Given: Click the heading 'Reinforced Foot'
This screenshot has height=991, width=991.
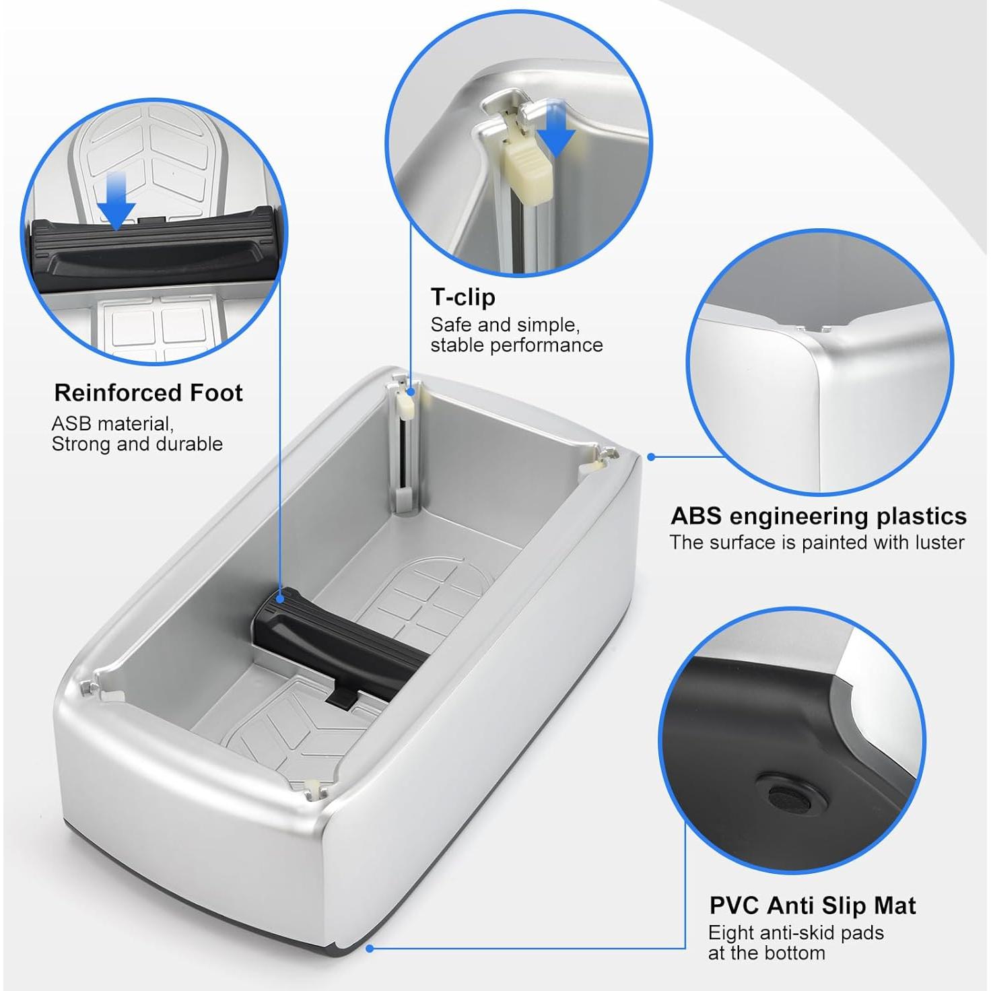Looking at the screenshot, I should tap(148, 392).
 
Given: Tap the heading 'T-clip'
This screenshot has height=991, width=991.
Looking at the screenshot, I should tap(463, 297).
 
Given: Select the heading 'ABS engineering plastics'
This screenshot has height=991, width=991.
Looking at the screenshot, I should tap(818, 516).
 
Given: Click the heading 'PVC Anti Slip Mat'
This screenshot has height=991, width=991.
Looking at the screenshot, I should tap(812, 905).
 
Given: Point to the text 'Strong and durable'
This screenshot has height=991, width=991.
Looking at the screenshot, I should tap(137, 444).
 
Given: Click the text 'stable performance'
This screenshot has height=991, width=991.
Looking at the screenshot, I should tap(516, 345).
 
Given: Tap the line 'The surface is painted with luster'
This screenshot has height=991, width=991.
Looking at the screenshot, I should tap(817, 543).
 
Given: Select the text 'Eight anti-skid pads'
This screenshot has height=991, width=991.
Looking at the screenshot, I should tap(795, 933).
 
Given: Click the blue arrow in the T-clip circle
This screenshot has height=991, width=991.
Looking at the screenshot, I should tap(557, 128).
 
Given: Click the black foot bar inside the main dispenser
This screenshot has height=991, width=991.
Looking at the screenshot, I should tap(337, 640).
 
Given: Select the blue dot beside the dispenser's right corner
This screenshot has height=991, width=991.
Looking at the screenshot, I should tap(651, 456).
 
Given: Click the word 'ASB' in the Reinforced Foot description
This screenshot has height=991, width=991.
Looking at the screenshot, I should tap(71, 424).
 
